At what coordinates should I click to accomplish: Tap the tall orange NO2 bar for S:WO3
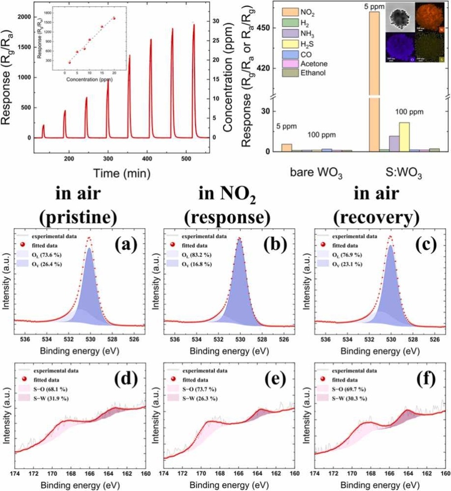point(374,81)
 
